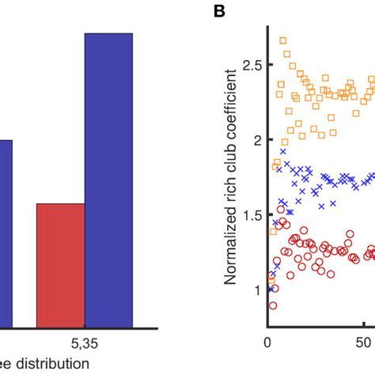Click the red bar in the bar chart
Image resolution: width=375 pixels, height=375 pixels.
click(x=60, y=264)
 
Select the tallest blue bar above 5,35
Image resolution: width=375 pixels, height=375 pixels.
click(x=108, y=179)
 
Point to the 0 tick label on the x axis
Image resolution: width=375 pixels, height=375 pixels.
click(x=268, y=345)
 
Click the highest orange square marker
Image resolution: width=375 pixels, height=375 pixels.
click(x=282, y=40)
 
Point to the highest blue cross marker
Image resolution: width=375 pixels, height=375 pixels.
click(x=282, y=150)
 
